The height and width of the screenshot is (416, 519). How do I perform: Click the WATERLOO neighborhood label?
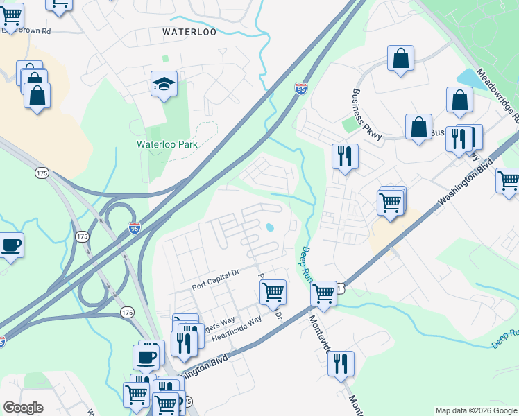tap(189, 32)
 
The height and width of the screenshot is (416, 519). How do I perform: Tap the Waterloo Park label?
tap(167, 144)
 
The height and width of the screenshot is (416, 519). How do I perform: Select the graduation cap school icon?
tap(164, 85)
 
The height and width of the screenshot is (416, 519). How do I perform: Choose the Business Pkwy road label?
tap(367, 115)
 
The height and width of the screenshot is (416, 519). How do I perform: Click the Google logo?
tap(23, 408)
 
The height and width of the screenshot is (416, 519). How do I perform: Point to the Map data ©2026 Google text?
tap(475, 410)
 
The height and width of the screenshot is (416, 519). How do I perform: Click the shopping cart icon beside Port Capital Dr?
tap(273, 291)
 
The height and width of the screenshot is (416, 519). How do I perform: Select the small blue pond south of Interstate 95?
tap(269, 227)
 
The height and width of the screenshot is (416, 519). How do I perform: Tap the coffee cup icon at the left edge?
tap(10, 245)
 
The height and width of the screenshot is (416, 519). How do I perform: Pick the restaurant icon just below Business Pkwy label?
tap(345, 157)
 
